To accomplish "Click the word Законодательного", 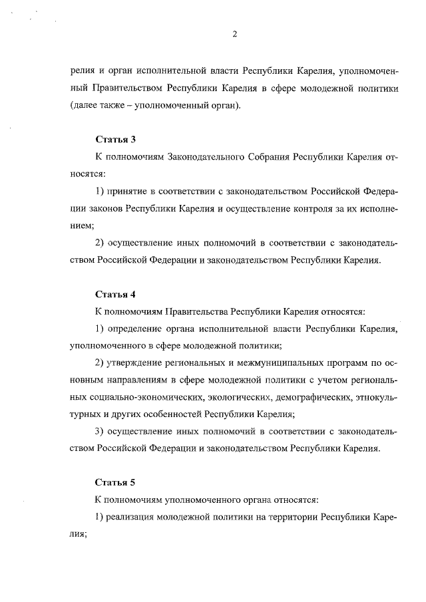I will point(207,157).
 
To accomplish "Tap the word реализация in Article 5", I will point(133,516).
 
